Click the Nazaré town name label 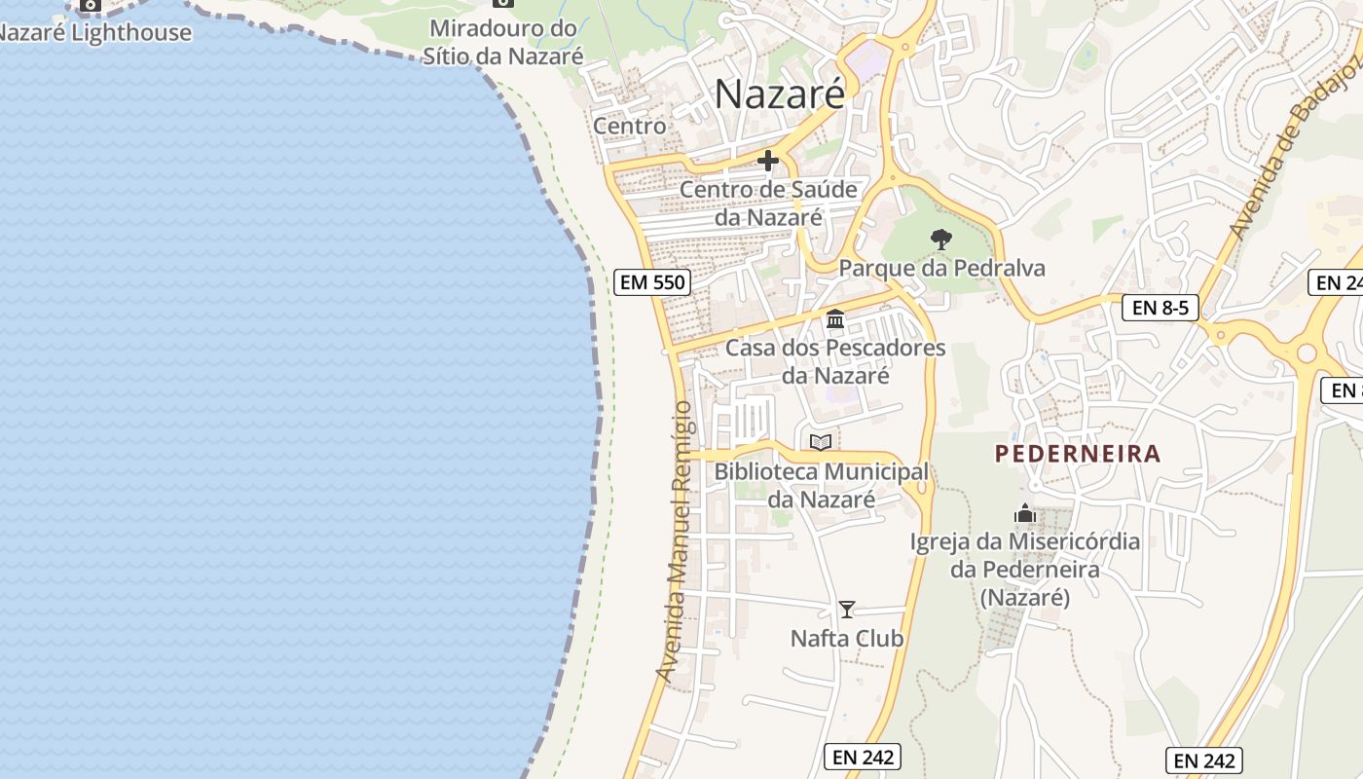click(780, 94)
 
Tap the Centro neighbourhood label click(630, 126)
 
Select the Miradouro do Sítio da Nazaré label click(503, 42)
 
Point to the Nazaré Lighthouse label click(94, 32)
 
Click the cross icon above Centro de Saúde click(768, 161)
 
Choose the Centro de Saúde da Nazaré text click(768, 203)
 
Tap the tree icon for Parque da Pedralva click(940, 239)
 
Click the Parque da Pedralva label click(941, 268)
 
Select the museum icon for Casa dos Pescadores click(834, 318)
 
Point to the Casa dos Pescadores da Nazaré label click(835, 361)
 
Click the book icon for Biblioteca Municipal click(821, 443)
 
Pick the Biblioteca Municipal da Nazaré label click(821, 485)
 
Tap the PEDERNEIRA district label click(1078, 454)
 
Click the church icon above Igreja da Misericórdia click(1024, 513)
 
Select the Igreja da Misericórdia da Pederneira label click(1024, 569)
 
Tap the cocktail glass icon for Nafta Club click(847, 610)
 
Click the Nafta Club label click(847, 639)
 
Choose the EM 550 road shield click(653, 282)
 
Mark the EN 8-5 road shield click(1160, 308)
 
